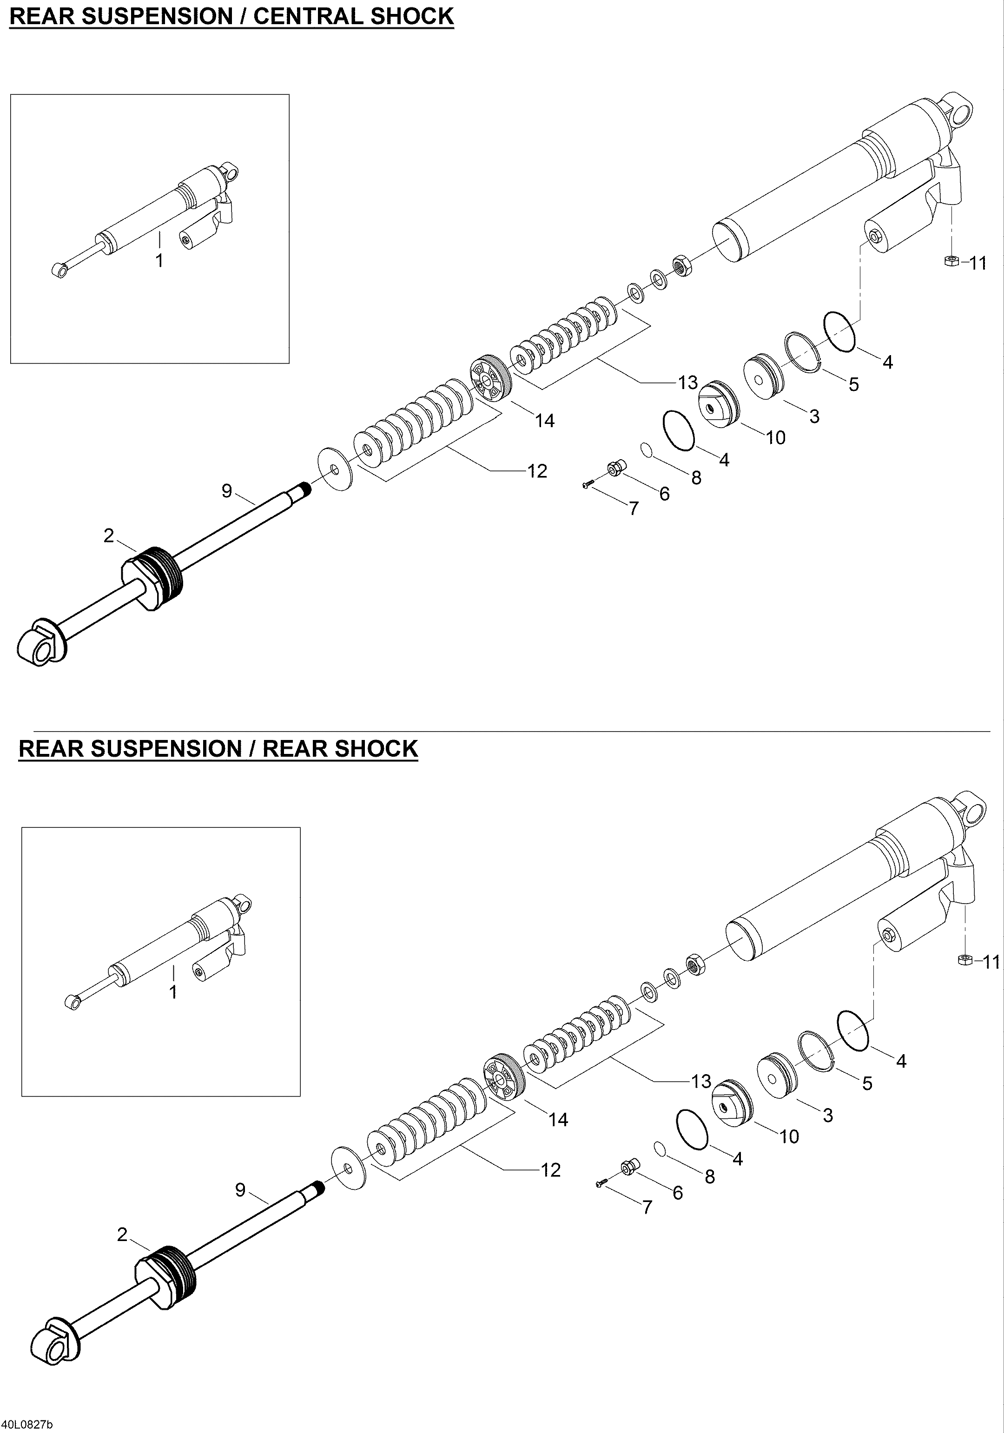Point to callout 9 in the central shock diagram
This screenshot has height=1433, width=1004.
226,491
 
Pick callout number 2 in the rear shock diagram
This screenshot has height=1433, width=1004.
122,1234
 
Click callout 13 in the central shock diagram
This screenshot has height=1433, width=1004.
687,383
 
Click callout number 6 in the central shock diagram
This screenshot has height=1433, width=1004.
664,494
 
